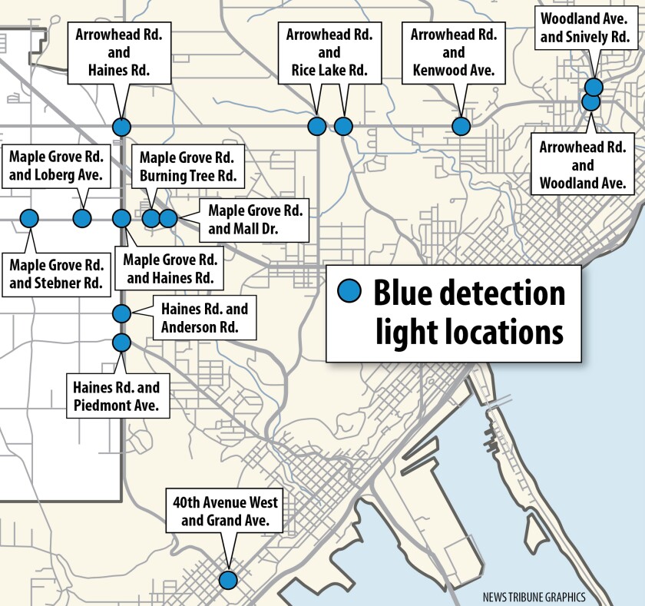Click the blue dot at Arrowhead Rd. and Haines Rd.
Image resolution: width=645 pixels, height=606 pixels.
coord(121,127)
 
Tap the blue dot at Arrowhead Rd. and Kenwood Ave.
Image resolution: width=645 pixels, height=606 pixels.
coord(460,126)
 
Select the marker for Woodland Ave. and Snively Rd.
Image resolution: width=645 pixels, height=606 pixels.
coord(593,87)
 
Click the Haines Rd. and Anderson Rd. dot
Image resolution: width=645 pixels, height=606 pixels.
coord(121,313)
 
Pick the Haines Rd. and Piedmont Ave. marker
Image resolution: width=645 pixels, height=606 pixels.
coord(121,342)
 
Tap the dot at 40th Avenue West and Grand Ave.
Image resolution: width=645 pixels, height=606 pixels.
coord(227,580)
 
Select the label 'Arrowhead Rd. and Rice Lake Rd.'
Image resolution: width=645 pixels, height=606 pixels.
coord(329,53)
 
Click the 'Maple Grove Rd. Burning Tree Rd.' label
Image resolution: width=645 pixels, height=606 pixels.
coord(187,167)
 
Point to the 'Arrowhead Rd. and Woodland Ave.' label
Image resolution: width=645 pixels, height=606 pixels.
coord(583,165)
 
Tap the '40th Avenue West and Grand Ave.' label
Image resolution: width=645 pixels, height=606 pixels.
coord(225,512)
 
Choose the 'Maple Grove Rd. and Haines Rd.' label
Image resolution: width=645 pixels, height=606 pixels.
coord(172,268)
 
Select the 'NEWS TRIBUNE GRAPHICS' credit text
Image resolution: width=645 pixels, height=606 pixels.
coord(534,597)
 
